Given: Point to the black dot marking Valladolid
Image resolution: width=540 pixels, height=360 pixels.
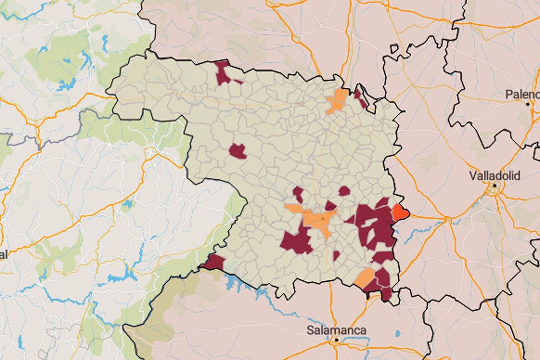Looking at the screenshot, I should tap(494, 185).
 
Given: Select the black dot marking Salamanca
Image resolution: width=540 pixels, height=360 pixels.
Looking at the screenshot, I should tap(336, 340).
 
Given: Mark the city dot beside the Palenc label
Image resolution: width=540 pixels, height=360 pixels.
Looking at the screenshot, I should tap(528, 104).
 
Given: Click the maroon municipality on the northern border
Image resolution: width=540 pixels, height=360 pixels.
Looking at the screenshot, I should tap(223, 72).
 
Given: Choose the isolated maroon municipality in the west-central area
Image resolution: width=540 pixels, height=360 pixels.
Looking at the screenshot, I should tap(238, 151).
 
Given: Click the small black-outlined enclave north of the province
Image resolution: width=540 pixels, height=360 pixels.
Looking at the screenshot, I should tap(394, 49).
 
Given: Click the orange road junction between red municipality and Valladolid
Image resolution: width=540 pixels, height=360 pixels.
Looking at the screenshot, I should tap(448, 220).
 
